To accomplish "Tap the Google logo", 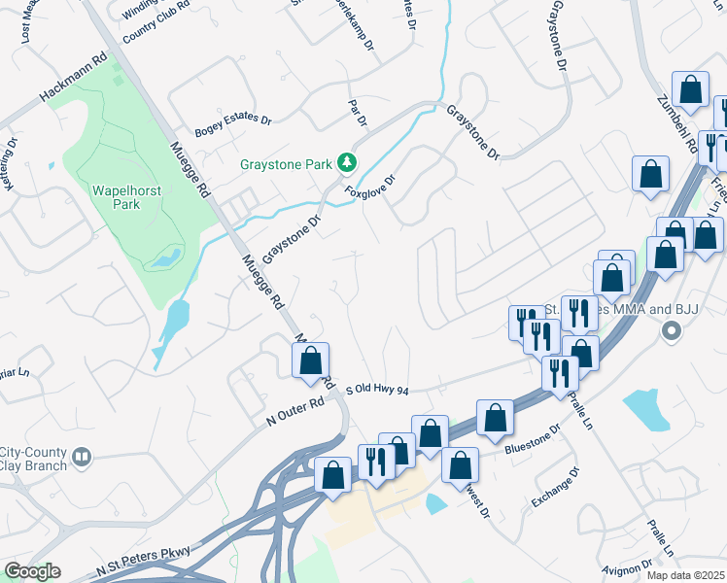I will click(x=31, y=571).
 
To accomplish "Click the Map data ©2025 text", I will click(x=686, y=575).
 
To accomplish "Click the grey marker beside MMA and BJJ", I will click(x=670, y=331).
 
